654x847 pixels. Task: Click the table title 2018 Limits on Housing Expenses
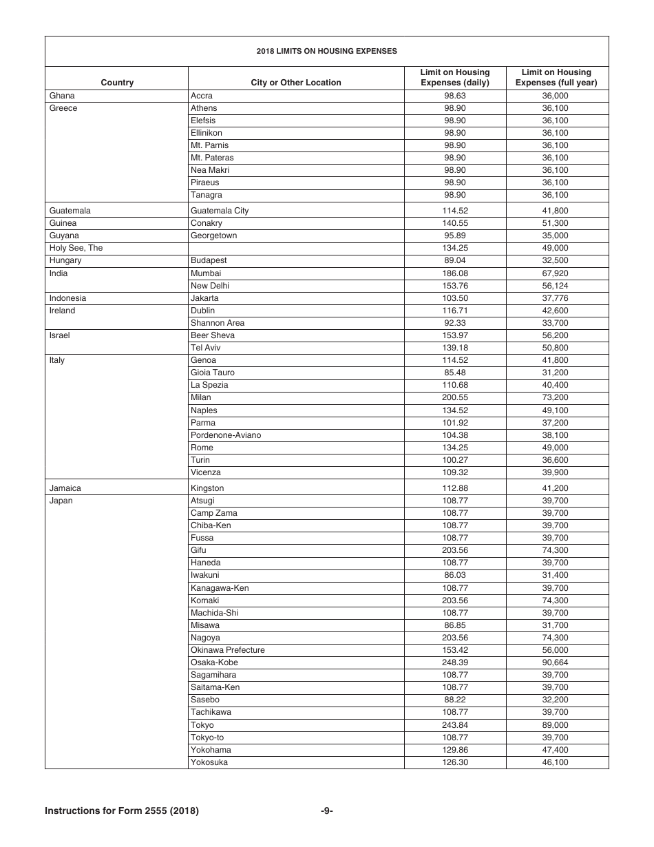click(x=326, y=51)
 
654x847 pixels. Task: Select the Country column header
click(x=117, y=83)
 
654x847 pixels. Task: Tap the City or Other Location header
click(x=296, y=83)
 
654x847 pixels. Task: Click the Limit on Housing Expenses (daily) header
click(x=455, y=77)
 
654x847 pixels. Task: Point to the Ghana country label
click(x=62, y=96)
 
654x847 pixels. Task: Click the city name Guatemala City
click(x=220, y=211)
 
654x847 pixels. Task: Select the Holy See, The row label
click(x=76, y=248)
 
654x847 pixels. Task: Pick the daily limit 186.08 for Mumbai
click(x=455, y=273)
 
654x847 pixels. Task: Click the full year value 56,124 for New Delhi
click(x=556, y=286)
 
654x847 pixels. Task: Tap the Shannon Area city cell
click(x=218, y=323)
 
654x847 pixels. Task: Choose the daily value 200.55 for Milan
click(x=455, y=397)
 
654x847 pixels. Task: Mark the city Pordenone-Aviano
click(x=226, y=435)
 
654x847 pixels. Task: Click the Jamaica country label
click(x=65, y=488)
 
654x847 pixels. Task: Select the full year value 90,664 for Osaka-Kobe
click(x=556, y=662)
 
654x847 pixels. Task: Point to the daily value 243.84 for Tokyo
click(x=455, y=725)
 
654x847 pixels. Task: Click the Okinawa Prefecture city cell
click(x=228, y=650)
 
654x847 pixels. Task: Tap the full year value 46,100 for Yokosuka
click(x=556, y=762)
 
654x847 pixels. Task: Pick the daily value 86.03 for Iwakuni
click(x=455, y=575)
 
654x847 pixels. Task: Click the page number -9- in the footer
click(x=327, y=811)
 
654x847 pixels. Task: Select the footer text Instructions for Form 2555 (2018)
click(x=122, y=811)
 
